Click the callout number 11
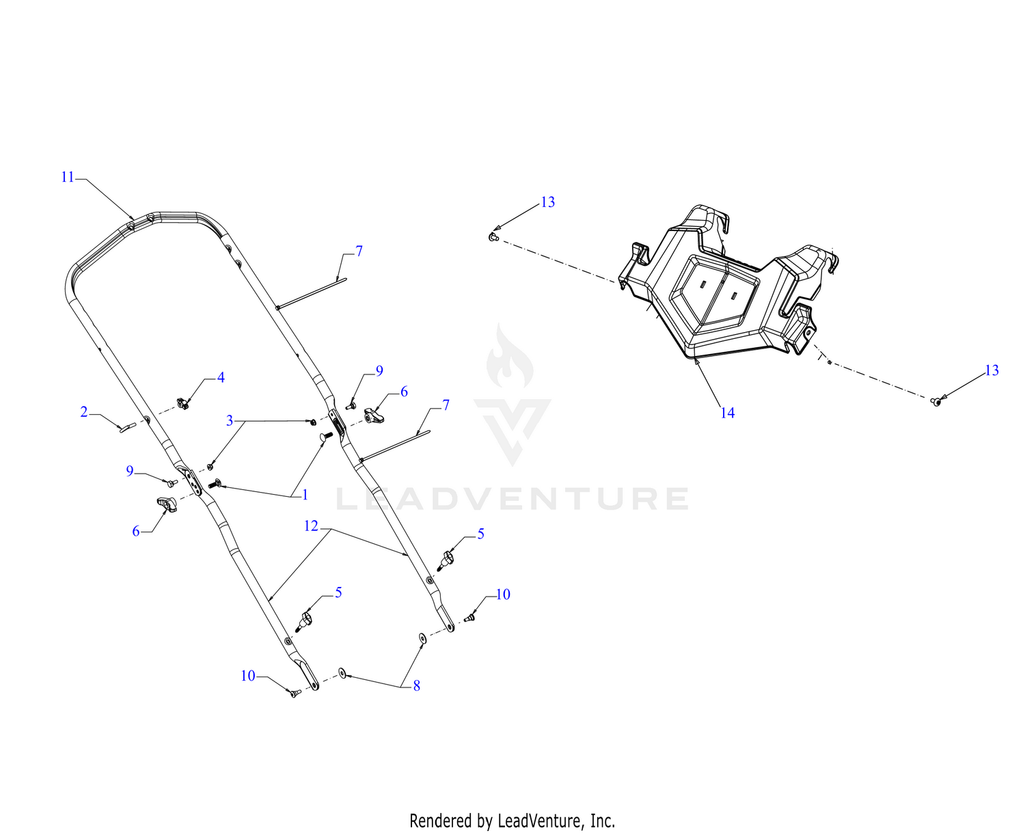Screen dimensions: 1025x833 click(68, 177)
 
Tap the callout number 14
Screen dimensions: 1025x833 click(727, 413)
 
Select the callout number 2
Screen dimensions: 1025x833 click(84, 411)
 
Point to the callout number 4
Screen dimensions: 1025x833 click(221, 377)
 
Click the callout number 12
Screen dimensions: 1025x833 click(311, 526)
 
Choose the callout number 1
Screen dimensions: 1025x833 click(305, 495)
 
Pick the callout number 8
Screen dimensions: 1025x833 click(416, 686)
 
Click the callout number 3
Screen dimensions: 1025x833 click(230, 420)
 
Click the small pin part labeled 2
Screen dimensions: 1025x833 click(128, 427)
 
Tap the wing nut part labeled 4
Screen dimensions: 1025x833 click(182, 403)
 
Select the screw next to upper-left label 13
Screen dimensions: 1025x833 click(493, 236)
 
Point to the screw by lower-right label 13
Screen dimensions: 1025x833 click(935, 401)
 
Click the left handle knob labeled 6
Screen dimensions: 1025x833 click(167, 504)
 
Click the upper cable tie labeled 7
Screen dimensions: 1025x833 click(312, 293)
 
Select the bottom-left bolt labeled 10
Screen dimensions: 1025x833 click(295, 692)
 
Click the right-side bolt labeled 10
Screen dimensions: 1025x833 click(471, 616)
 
